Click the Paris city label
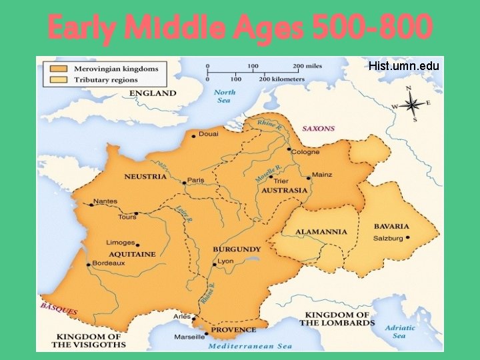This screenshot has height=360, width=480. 195,180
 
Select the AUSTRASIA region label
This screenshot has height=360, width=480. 285,190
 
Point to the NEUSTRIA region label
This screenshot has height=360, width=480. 145,177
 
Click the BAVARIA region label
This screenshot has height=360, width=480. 391,227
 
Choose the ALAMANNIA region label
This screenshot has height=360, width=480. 322,232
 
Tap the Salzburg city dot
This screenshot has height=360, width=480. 408,237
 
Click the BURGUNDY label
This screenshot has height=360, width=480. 237,249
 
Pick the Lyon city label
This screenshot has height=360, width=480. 225,261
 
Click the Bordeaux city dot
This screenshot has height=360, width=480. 87,264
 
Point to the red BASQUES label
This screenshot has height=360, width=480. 59,309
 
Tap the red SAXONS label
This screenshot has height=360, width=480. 319,129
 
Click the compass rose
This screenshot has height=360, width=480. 412,104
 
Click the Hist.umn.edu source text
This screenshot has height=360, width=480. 403,65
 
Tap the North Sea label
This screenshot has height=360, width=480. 225,97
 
